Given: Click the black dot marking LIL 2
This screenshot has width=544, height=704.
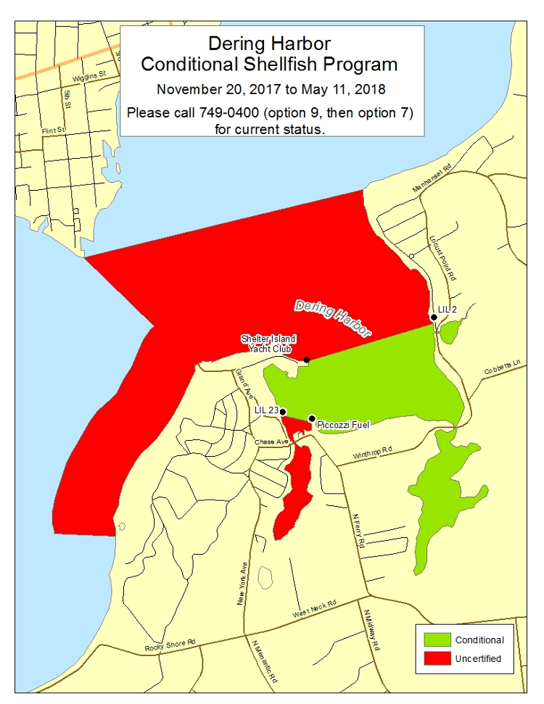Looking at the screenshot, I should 434,317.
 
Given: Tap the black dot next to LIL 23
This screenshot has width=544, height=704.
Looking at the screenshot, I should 283,411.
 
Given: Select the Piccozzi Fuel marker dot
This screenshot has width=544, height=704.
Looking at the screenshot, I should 312,418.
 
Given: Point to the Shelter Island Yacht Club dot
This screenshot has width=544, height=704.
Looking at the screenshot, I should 307,360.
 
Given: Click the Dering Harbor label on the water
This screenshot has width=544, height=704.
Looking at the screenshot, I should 333,320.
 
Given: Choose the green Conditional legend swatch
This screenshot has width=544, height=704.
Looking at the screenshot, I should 433,640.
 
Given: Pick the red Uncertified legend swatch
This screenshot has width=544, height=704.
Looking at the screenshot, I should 433,659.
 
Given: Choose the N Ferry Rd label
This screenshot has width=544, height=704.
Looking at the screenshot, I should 357,530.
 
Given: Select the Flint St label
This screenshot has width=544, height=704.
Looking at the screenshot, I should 54,131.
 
